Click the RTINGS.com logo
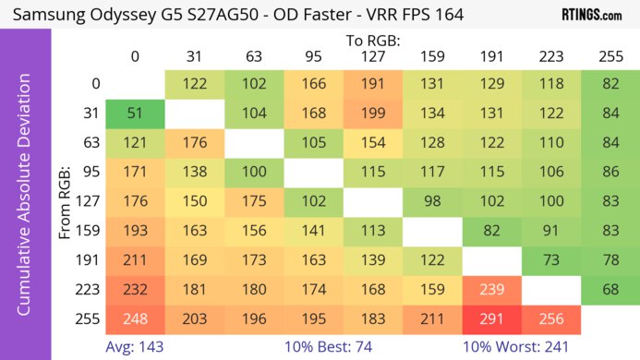click(x=591, y=15)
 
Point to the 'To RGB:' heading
click(x=371, y=41)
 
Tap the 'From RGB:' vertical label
click(x=66, y=208)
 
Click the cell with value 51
click(x=135, y=114)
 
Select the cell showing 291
click(x=492, y=320)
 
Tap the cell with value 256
click(x=550, y=320)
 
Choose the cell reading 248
click(x=135, y=320)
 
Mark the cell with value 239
click(x=492, y=291)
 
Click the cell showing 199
click(x=372, y=114)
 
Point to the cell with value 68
click(x=610, y=291)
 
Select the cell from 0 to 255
click(x=610, y=84)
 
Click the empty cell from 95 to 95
click(x=313, y=173)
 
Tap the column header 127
click(x=372, y=56)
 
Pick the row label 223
click(x=90, y=291)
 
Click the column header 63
click(x=254, y=56)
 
